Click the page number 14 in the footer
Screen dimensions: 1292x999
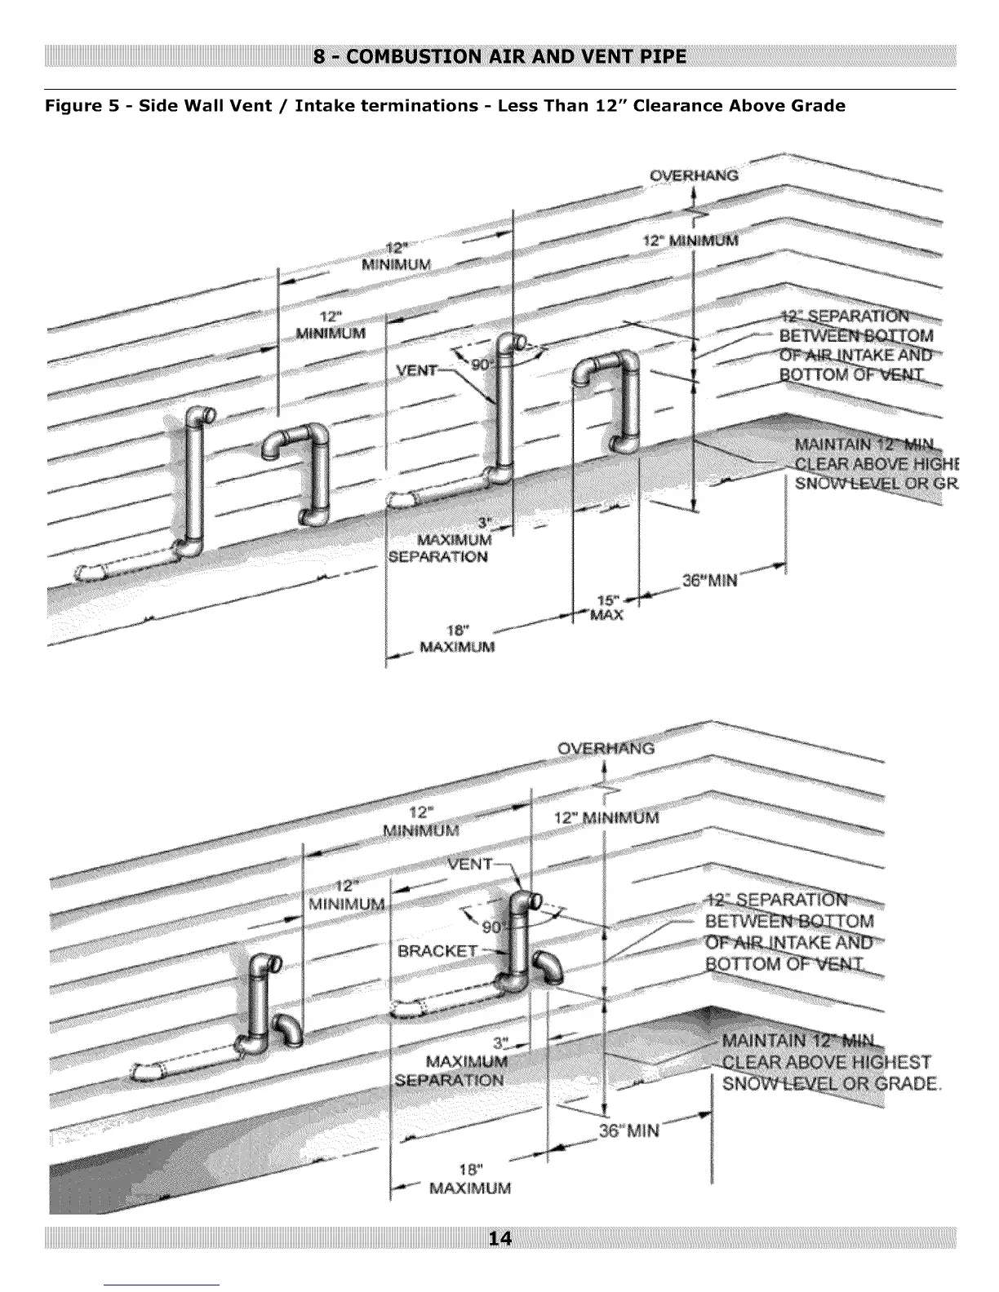coord(499,1239)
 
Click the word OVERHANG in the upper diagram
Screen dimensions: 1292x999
coord(694,175)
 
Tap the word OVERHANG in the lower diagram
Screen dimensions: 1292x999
coord(606,748)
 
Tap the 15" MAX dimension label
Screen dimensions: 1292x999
coord(607,607)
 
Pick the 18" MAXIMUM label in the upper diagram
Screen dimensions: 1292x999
coord(457,639)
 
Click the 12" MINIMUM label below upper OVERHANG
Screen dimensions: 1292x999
coord(690,241)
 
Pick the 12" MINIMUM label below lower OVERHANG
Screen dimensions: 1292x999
coord(606,817)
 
